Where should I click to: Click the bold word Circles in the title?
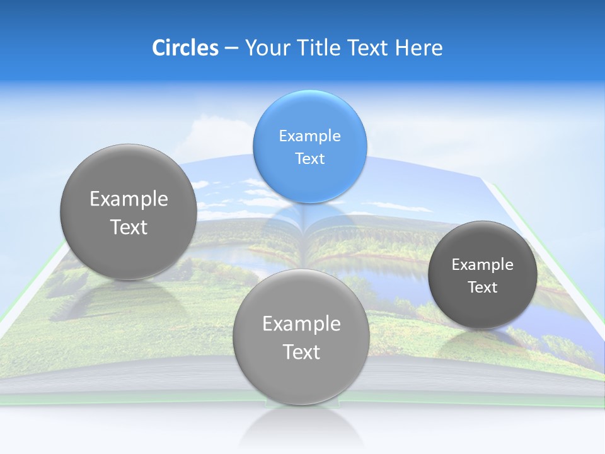[185, 48]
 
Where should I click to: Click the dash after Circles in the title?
[231, 49]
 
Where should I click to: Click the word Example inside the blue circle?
[309, 136]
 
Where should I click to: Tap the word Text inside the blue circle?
[309, 158]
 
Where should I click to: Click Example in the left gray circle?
[129, 199]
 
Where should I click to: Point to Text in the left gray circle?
[129, 227]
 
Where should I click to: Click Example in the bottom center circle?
[301, 323]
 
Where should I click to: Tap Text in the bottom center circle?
[301, 352]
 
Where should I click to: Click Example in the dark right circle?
[482, 264]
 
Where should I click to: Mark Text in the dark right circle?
[482, 287]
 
